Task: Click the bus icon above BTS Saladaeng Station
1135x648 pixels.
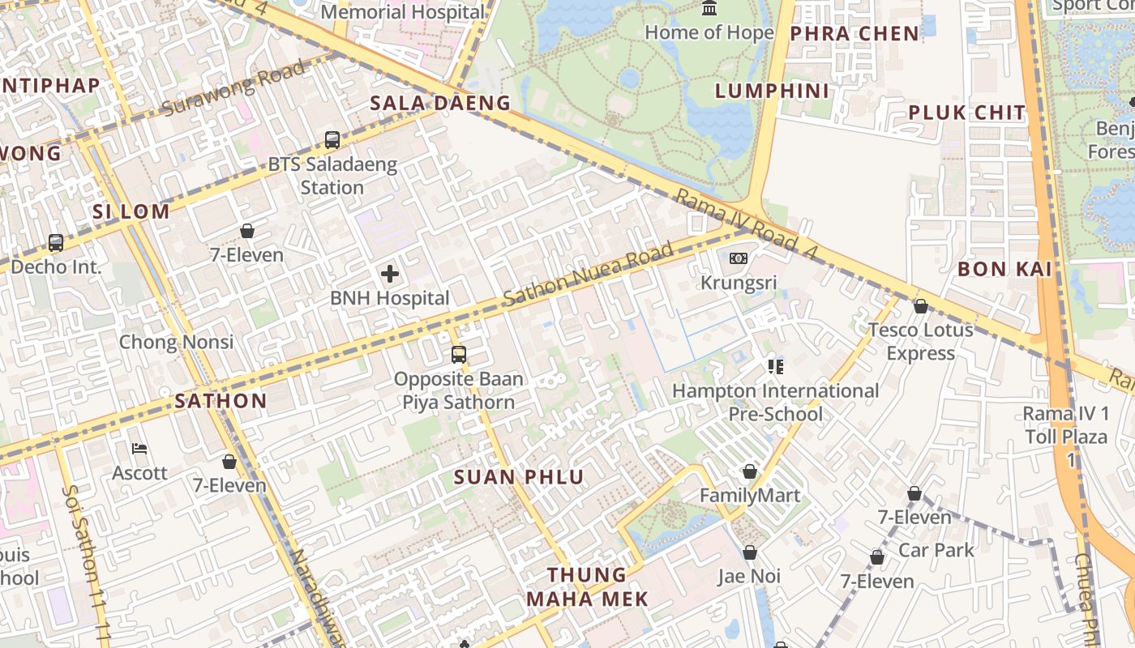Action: (x=332, y=139)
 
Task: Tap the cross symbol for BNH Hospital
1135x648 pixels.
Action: (x=390, y=274)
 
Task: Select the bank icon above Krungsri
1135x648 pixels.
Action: (x=738, y=258)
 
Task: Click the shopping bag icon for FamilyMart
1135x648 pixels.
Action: (x=750, y=471)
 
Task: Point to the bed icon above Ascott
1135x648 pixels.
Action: (x=139, y=449)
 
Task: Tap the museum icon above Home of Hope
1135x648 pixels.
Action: (x=709, y=9)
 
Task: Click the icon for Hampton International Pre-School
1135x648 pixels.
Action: (x=775, y=367)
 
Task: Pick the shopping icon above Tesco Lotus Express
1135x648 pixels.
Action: (x=920, y=306)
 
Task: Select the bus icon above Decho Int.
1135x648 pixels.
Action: (x=56, y=242)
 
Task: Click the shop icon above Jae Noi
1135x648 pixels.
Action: (x=750, y=552)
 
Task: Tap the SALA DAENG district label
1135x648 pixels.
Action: (x=440, y=103)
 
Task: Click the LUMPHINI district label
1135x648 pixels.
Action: (x=772, y=91)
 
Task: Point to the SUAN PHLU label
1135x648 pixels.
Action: (x=519, y=477)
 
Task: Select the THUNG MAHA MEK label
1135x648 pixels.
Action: (x=587, y=586)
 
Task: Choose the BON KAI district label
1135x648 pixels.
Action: (x=1004, y=269)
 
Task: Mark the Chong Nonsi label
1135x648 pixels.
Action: (x=176, y=342)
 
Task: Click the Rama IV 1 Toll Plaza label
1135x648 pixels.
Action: (x=1065, y=437)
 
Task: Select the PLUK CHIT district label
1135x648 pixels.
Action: (x=967, y=113)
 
